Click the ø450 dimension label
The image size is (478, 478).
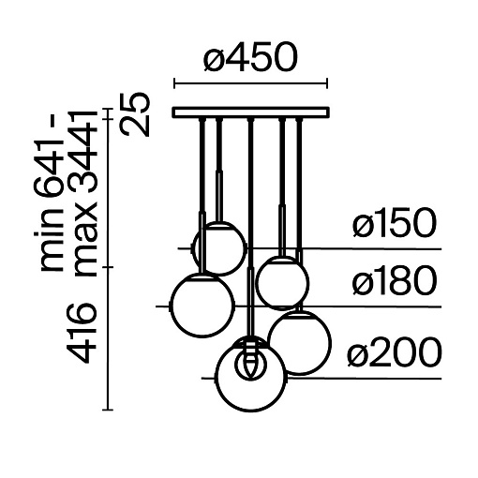(250, 58)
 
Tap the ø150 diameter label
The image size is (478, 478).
(395, 223)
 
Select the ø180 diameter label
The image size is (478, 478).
(395, 280)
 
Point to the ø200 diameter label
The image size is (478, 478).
(395, 352)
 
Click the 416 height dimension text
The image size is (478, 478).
(82, 333)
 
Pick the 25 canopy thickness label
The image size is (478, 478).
(135, 114)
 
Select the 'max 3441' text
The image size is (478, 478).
(82, 193)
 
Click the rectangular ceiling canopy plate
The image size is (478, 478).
(251, 112)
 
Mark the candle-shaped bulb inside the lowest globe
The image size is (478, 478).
(250, 360)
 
